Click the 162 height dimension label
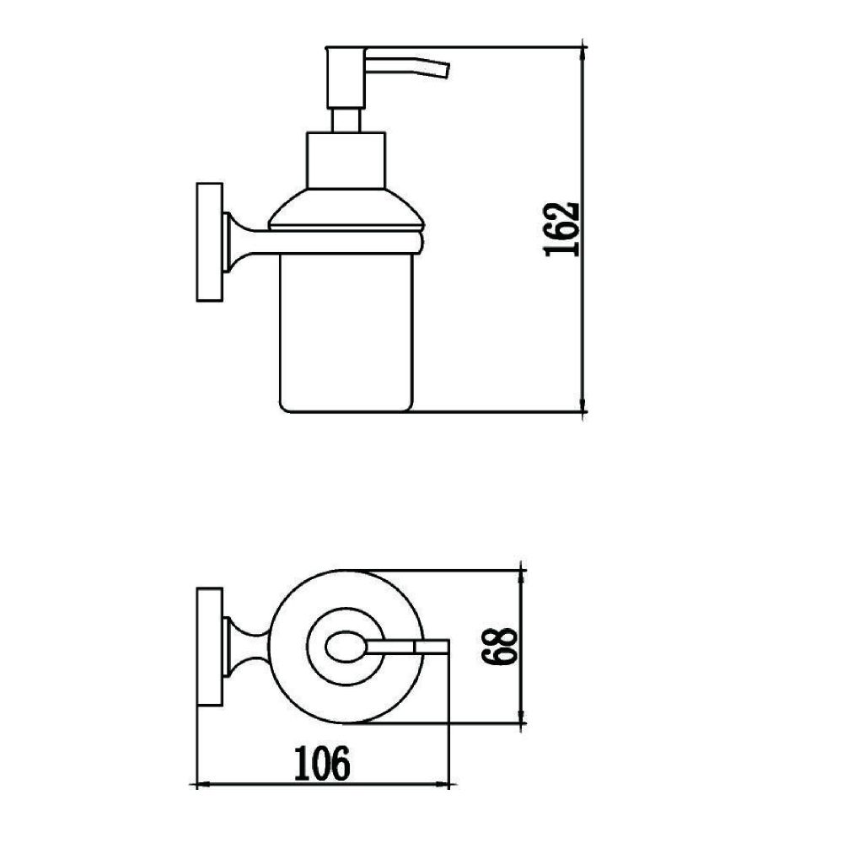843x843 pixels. pyautogui.click(x=562, y=229)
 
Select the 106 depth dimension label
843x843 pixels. pyautogui.click(x=322, y=764)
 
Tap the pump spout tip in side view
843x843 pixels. pyautogui.click(x=445, y=71)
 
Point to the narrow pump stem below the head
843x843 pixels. pyautogui.click(x=346, y=121)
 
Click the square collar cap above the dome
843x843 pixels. pyautogui.click(x=346, y=160)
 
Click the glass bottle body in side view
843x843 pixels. pyautogui.click(x=346, y=332)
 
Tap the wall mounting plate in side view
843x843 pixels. pyautogui.click(x=210, y=242)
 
